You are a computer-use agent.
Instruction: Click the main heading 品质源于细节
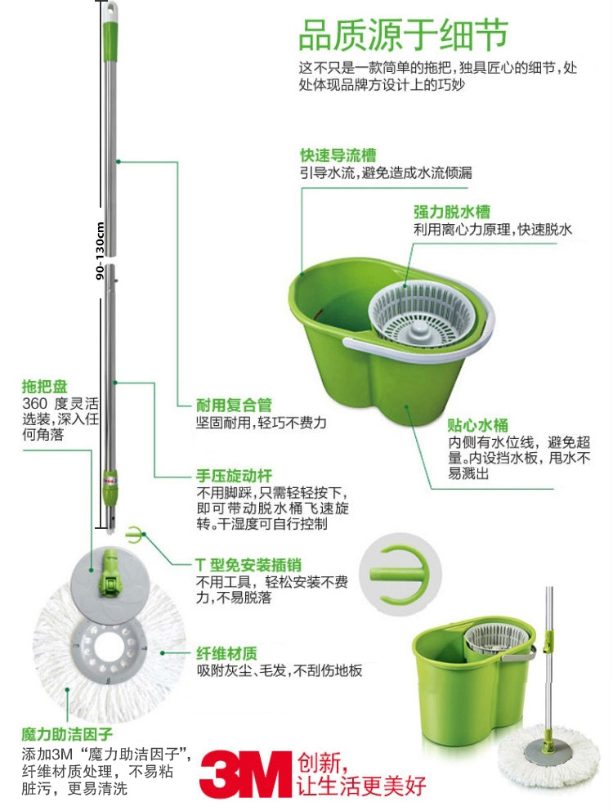point(404,35)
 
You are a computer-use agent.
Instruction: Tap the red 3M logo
point(246,773)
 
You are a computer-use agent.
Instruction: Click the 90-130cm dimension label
point(100,251)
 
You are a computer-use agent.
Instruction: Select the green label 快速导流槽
point(338,155)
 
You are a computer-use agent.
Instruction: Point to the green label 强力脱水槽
point(452,212)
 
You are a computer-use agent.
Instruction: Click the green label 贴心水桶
point(477,425)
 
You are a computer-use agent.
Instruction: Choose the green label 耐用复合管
point(234,405)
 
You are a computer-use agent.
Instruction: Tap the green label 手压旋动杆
point(234,476)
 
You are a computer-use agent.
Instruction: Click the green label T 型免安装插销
point(248,565)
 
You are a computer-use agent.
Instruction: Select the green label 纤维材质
point(226,654)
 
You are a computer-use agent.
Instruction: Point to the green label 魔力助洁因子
point(67,734)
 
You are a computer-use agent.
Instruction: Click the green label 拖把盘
point(44,387)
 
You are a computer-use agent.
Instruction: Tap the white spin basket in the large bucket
point(421,313)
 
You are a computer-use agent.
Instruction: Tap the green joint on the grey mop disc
point(110,571)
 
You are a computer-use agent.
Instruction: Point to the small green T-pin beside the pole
point(136,535)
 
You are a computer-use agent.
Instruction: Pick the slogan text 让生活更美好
point(361,786)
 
